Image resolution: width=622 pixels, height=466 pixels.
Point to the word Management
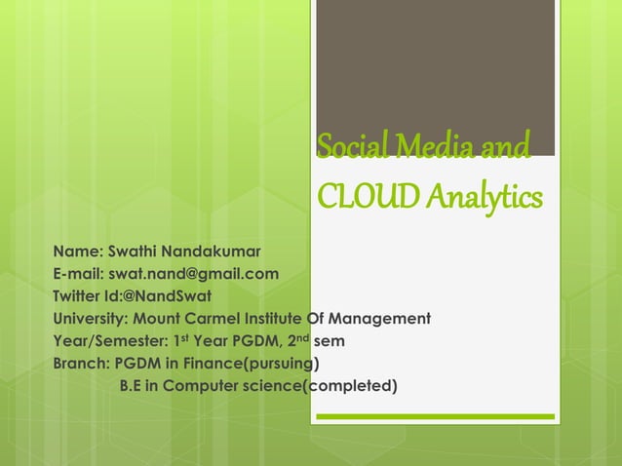point(382,319)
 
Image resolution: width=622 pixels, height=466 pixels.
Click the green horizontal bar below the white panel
point(438,417)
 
